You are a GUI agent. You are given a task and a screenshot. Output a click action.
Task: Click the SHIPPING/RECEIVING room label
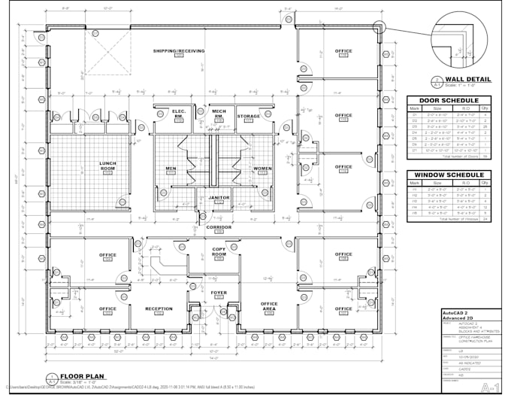pos(180,50)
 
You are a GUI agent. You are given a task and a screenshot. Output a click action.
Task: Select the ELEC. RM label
pos(179,114)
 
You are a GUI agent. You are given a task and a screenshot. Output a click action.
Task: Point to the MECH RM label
pos(218,114)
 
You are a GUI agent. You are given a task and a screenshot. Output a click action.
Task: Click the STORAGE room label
pos(249,116)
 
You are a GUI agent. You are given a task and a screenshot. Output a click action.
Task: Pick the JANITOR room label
pos(219,198)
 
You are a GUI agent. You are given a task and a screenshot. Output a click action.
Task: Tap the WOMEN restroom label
pos(262,168)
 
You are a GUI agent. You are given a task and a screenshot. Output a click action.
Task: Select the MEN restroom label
pos(171,168)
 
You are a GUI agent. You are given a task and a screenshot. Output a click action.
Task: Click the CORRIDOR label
pos(219,226)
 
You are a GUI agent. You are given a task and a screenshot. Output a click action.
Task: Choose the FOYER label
pos(219,293)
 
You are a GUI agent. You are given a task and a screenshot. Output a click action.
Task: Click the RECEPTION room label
pos(159,308)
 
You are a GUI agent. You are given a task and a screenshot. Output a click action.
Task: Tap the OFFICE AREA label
pos(268,306)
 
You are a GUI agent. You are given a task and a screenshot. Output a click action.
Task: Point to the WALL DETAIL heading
pos(467,79)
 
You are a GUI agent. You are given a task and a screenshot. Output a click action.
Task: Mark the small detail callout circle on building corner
pos(379,29)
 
